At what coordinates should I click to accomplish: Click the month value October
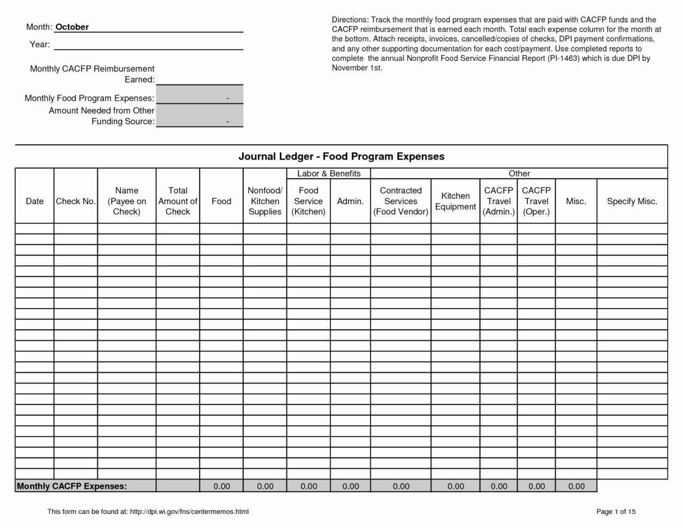[x=72, y=27]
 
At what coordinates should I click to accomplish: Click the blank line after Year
[x=148, y=45]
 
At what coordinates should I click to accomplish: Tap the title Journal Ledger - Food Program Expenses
[x=341, y=157]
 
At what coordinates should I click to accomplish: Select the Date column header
[x=34, y=201]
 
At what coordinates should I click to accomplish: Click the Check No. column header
[x=76, y=201]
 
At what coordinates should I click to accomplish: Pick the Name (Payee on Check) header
[x=127, y=201]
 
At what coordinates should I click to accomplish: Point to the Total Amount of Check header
[x=177, y=201]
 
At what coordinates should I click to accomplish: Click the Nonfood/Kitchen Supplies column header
[x=264, y=201]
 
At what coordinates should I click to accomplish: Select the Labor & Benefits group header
[x=329, y=174]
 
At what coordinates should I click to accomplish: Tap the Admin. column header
[x=350, y=201]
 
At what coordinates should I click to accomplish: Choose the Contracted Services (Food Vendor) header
[x=401, y=201]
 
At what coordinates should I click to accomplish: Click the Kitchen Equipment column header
[x=455, y=201]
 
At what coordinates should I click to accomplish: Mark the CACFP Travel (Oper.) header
[x=536, y=201]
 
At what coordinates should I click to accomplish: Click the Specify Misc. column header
[x=632, y=201]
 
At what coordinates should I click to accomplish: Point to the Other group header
[x=519, y=174]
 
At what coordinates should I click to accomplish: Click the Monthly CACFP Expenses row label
[x=72, y=486]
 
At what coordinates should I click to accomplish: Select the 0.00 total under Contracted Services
[x=401, y=486]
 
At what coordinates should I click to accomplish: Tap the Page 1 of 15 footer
[x=616, y=512]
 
